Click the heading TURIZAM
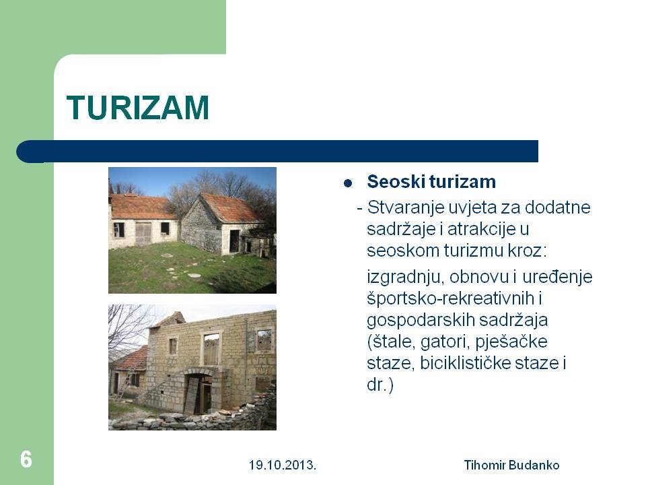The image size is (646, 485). [137, 108]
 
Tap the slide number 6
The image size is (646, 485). [26, 459]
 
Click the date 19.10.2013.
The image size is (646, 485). [282, 465]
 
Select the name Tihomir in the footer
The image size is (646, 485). [485, 465]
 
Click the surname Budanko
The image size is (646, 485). [534, 465]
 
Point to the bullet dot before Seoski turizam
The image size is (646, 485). [348, 183]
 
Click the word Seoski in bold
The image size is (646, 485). [396, 181]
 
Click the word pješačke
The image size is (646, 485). [511, 342]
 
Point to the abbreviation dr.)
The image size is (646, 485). [380, 385]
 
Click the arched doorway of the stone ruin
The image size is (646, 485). [200, 392]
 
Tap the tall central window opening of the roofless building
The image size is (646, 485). [211, 349]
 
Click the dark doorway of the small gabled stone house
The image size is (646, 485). [234, 241]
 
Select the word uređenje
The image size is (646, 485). [557, 278]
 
